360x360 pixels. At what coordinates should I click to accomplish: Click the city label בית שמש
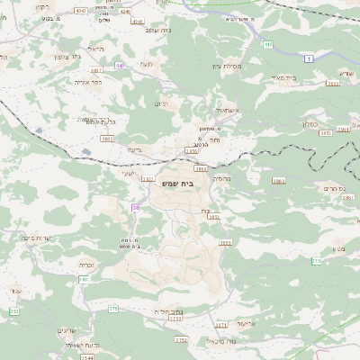point(180,183)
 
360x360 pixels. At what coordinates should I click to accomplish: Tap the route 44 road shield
point(119,66)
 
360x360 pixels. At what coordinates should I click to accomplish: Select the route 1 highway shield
point(310,58)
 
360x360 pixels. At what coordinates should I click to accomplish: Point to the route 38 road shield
point(136,207)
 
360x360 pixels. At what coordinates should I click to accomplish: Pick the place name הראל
point(97,49)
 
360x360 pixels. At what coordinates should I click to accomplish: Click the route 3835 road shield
point(108,139)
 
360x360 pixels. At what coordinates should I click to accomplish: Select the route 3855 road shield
point(224,242)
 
